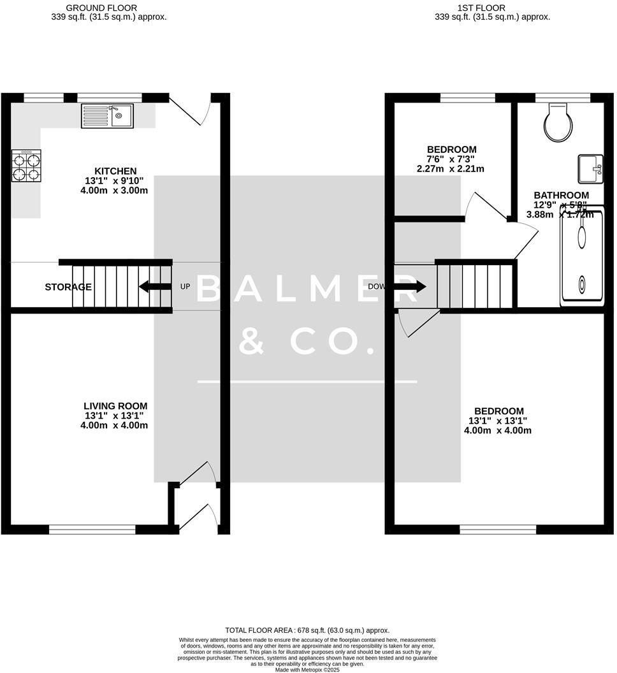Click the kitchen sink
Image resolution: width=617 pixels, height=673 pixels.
pos(107,116)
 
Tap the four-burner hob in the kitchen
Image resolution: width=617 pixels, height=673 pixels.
pos(26,166)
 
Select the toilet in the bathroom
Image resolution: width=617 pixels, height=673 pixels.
pos(561,123)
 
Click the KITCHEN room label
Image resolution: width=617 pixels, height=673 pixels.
pos(115,171)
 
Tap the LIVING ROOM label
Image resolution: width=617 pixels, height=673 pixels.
pos(115,406)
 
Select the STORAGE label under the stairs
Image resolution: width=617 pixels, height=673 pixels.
pos(68,287)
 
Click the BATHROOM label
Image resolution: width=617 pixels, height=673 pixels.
pos(561,195)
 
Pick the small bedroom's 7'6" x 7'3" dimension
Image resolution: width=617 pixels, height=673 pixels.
pos(451,159)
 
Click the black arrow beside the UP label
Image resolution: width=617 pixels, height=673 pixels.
pos(155,287)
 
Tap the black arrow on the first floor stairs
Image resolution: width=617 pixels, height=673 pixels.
pos(411,287)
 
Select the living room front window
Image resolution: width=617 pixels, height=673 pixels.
pos(92,529)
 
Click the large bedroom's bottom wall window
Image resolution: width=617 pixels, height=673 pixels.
pos(498,529)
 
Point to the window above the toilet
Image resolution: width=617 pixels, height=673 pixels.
pos(562,98)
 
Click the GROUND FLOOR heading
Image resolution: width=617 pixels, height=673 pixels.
pos(101,8)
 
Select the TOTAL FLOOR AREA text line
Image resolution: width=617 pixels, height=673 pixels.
pos(307,630)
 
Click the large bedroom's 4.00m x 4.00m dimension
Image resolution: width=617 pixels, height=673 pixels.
pos(498,430)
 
